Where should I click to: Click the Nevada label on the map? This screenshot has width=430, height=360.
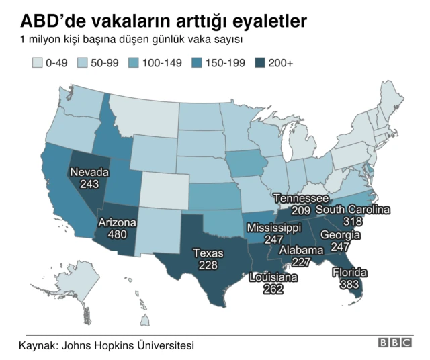click(x=89, y=171)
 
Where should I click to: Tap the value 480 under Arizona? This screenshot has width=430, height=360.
click(x=118, y=234)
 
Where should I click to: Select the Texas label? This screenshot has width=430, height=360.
click(x=208, y=253)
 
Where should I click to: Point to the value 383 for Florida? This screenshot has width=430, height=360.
click(x=349, y=284)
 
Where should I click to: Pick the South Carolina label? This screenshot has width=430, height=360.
click(x=353, y=210)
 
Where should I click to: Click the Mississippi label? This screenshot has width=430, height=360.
click(x=273, y=228)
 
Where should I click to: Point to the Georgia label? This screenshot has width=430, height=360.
click(x=340, y=235)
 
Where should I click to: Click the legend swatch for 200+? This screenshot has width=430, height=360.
click(x=261, y=63)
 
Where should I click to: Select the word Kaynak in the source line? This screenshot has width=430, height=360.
click(x=37, y=345)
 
